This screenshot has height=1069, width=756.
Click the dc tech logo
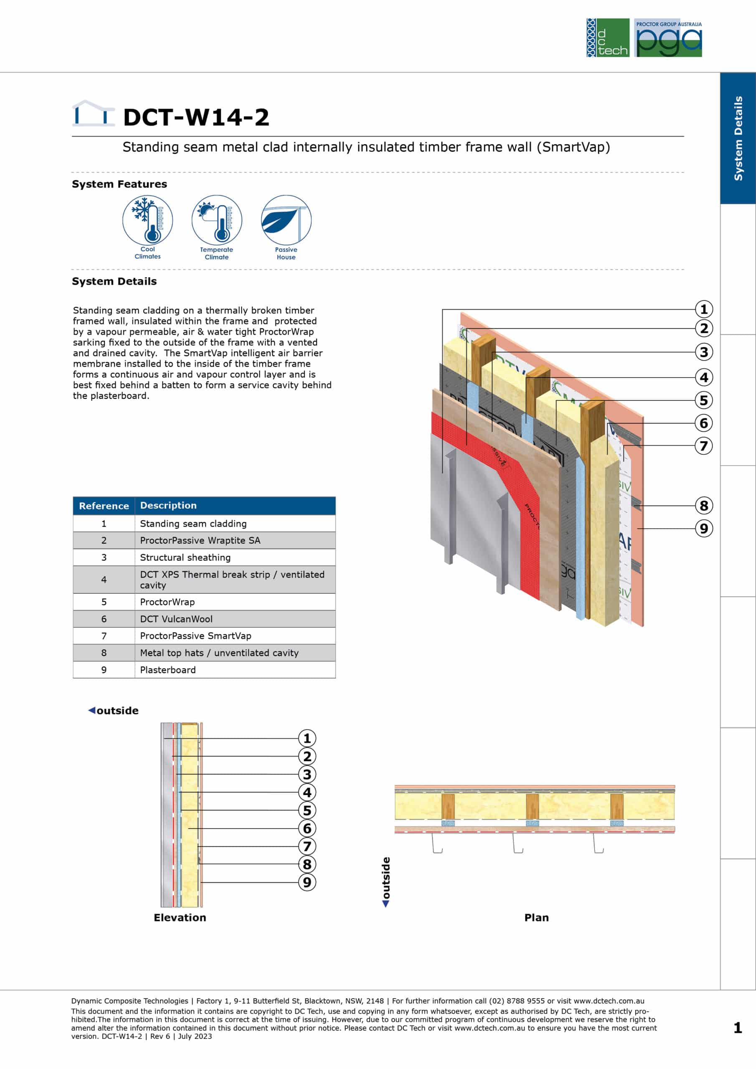[x=608, y=38]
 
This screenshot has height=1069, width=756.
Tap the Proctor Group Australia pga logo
[x=668, y=38]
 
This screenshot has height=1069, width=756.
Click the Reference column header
[x=104, y=506]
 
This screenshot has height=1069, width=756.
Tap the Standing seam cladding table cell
[x=235, y=523]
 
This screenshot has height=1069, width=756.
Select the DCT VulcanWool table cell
[x=235, y=619]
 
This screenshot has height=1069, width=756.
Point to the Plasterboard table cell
[x=235, y=669]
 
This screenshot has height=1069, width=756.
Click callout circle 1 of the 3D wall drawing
[x=704, y=309]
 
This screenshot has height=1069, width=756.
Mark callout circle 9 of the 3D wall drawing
[x=704, y=529]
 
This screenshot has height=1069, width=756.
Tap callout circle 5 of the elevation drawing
[x=307, y=810]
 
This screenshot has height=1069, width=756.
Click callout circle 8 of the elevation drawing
[x=307, y=864]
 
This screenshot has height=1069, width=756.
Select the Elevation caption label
[x=180, y=918]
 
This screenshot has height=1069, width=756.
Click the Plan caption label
[x=537, y=918]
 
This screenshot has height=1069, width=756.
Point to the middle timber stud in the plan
[x=532, y=806]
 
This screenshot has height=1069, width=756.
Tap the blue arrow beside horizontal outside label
[x=92, y=710]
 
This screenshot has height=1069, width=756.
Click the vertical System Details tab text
[x=738, y=138]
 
